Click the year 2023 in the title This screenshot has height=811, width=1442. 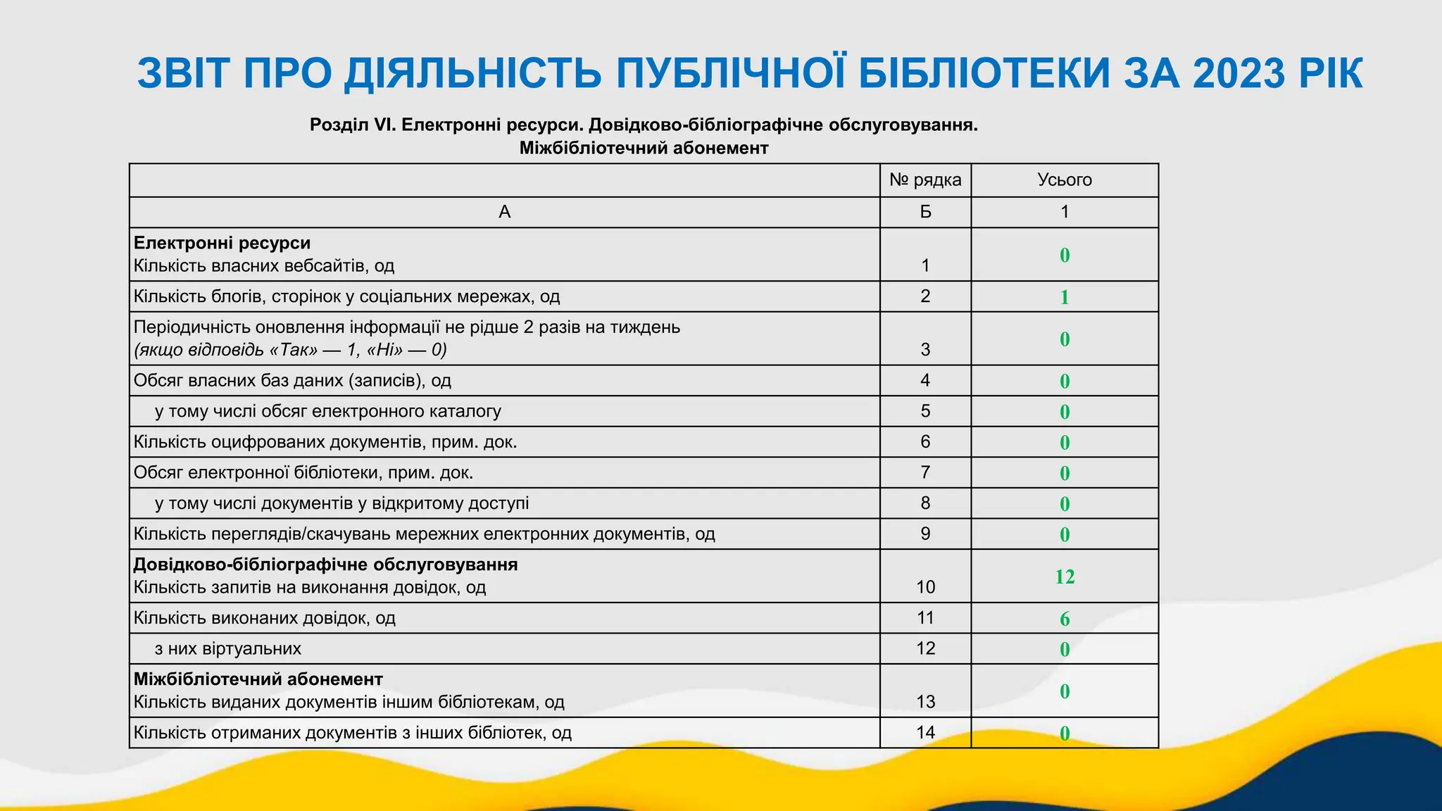click(x=1239, y=73)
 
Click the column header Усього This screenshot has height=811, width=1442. click(x=1065, y=180)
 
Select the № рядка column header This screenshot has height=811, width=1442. click(x=925, y=180)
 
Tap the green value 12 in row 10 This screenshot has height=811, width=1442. click(x=1065, y=577)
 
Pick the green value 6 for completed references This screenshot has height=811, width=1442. click(x=1065, y=619)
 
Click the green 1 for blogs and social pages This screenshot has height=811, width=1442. click(x=1065, y=297)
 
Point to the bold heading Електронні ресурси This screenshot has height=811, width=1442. click(x=222, y=243)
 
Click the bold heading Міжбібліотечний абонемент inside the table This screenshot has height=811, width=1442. click(x=258, y=679)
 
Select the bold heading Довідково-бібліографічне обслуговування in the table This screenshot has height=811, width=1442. click(x=325, y=565)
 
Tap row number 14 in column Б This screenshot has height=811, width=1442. click(x=925, y=733)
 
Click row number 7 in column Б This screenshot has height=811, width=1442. click(x=925, y=472)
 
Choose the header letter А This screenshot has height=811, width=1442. click(x=504, y=212)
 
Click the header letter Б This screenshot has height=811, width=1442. click(x=925, y=212)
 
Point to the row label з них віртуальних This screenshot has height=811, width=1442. click(x=228, y=648)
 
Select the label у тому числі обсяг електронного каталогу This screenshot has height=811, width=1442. click(x=328, y=411)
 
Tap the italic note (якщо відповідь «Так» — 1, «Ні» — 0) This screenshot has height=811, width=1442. click(x=290, y=350)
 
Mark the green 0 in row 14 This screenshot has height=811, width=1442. click(x=1065, y=734)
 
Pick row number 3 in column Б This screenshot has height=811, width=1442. click(x=925, y=350)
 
